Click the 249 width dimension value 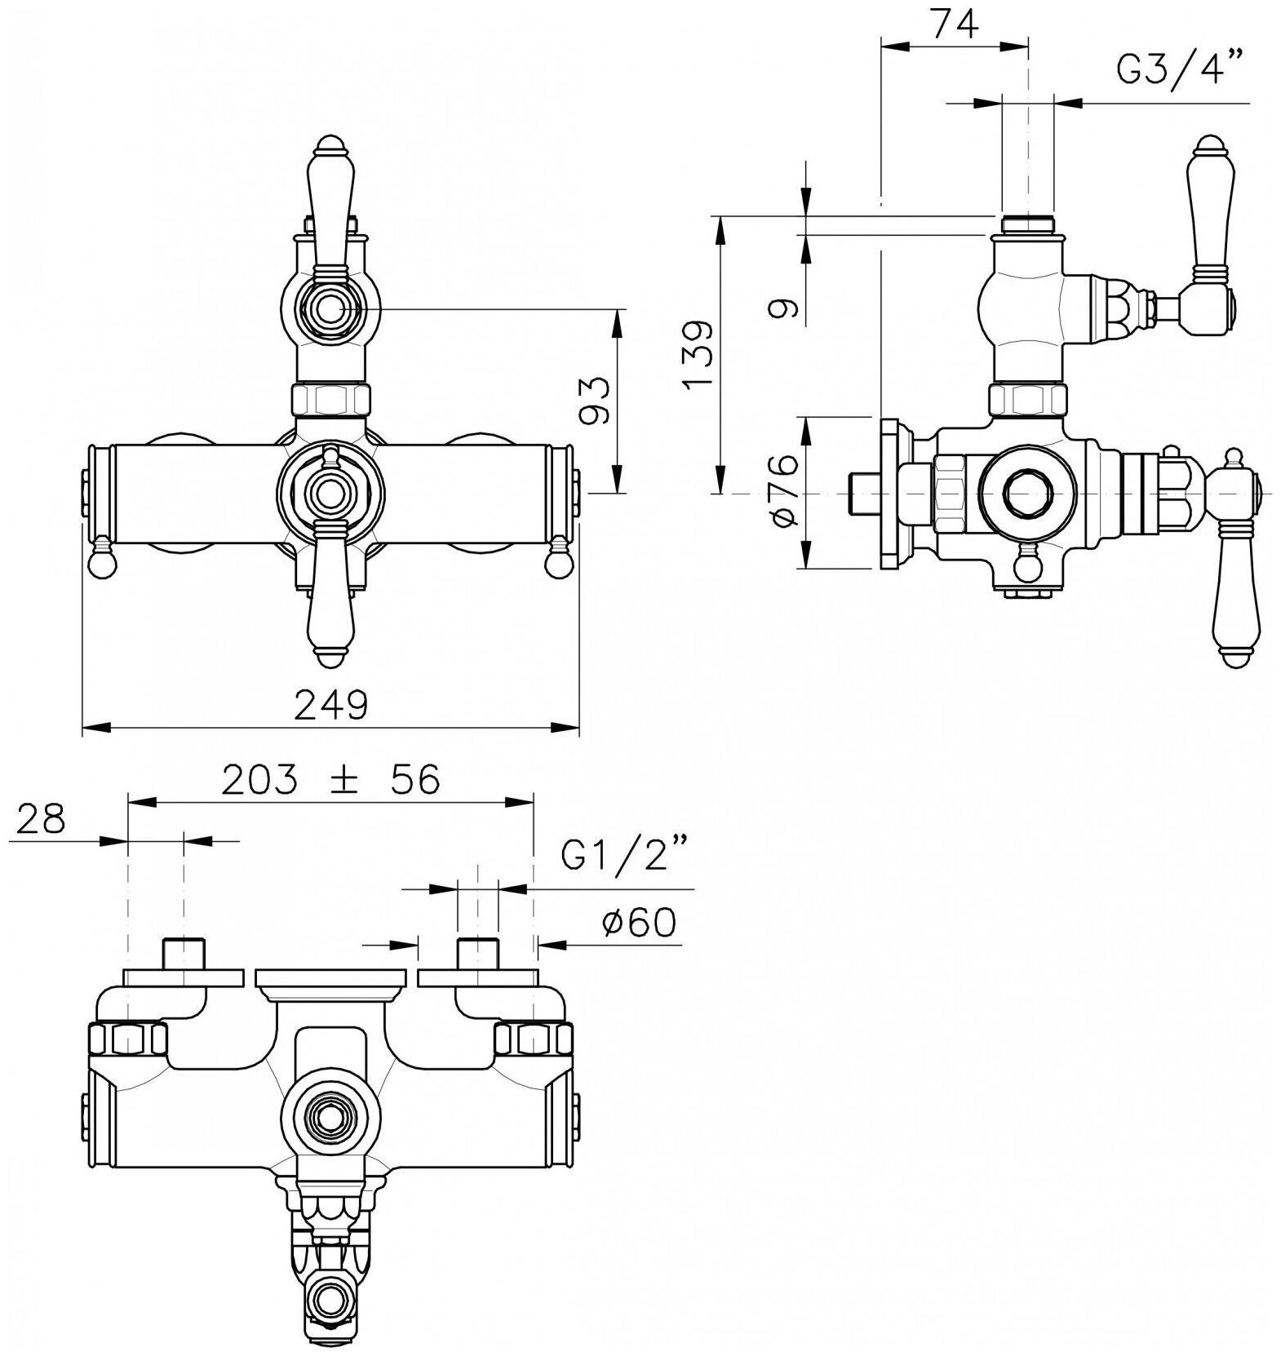(x=330, y=705)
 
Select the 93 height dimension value (x=595, y=401)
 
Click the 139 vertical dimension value (x=699, y=356)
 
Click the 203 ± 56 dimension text (x=330, y=780)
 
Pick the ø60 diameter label (x=639, y=923)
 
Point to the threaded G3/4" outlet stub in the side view (x=1026, y=224)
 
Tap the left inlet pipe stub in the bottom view (x=184, y=953)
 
